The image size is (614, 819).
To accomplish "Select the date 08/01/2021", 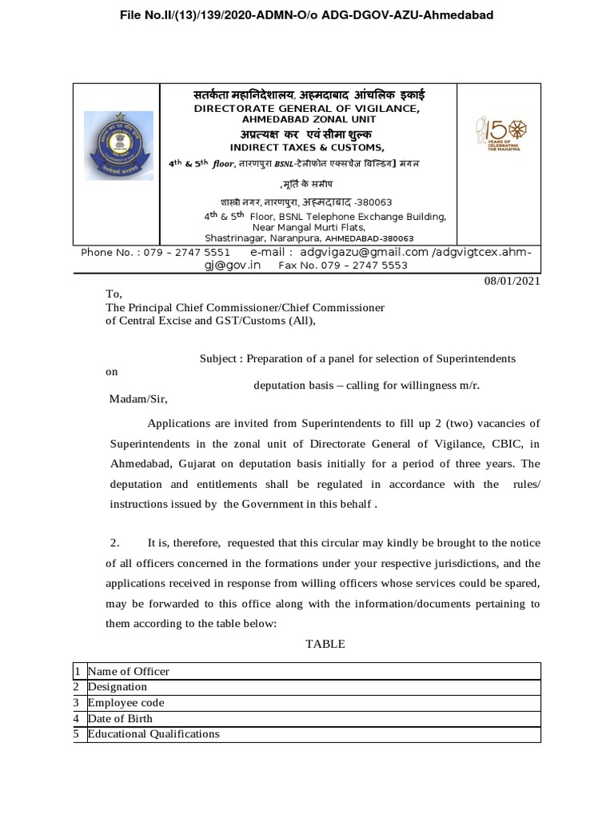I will (512, 281).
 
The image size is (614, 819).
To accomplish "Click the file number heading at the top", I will (306, 15).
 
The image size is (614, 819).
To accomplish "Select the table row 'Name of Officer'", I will (128, 671).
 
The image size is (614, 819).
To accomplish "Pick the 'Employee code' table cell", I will (126, 702).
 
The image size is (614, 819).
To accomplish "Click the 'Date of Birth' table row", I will (120, 718).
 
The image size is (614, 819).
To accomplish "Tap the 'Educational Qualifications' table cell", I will (153, 733).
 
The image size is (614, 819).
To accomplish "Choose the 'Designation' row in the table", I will (118, 686).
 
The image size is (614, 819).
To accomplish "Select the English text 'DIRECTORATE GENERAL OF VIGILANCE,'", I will (307, 109).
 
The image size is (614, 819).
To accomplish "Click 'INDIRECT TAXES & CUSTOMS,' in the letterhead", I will (307, 148).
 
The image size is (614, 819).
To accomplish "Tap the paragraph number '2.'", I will (115, 544).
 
